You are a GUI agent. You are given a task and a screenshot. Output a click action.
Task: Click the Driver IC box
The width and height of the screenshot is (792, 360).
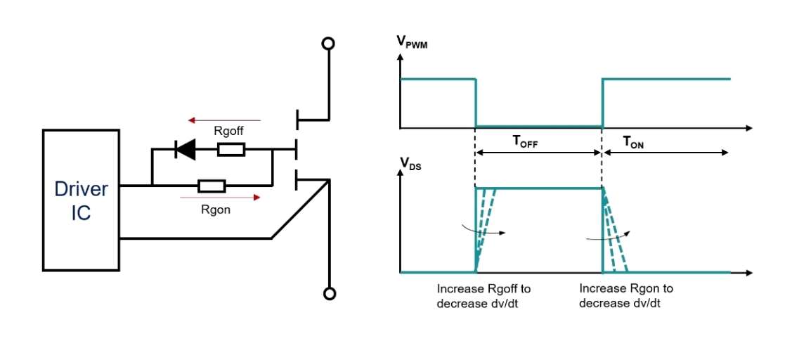[x=81, y=200]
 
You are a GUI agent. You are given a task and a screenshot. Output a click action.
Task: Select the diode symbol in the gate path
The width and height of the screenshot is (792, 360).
[x=186, y=149]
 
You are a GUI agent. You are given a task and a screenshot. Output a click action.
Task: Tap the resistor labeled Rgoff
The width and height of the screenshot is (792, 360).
[x=231, y=149]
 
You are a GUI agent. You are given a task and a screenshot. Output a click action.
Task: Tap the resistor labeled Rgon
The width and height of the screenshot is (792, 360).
[x=212, y=186]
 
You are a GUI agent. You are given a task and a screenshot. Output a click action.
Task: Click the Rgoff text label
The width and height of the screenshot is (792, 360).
[x=229, y=131]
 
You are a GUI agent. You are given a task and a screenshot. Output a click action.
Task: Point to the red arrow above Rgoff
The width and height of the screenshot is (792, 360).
[x=226, y=120]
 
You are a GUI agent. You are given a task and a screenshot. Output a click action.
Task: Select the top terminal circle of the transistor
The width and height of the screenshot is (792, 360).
[x=327, y=44]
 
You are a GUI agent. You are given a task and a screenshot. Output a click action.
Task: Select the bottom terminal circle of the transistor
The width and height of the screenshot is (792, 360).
[x=327, y=293]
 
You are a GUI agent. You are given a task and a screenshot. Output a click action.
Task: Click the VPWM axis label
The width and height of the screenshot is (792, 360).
[x=412, y=42]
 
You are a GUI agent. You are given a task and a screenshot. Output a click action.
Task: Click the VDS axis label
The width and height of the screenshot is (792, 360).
[x=410, y=163]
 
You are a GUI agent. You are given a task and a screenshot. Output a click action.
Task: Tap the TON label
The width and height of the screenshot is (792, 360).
[x=635, y=141]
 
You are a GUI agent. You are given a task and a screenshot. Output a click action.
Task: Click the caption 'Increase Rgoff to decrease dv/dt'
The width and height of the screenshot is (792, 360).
[x=483, y=296]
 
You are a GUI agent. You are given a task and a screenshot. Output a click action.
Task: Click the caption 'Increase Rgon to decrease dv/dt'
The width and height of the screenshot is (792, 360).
[x=625, y=296]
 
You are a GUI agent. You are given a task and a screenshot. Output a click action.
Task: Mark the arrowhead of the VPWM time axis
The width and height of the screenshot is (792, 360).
[x=748, y=128]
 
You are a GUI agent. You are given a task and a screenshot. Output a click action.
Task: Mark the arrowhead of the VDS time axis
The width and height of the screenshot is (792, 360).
[x=748, y=272]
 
